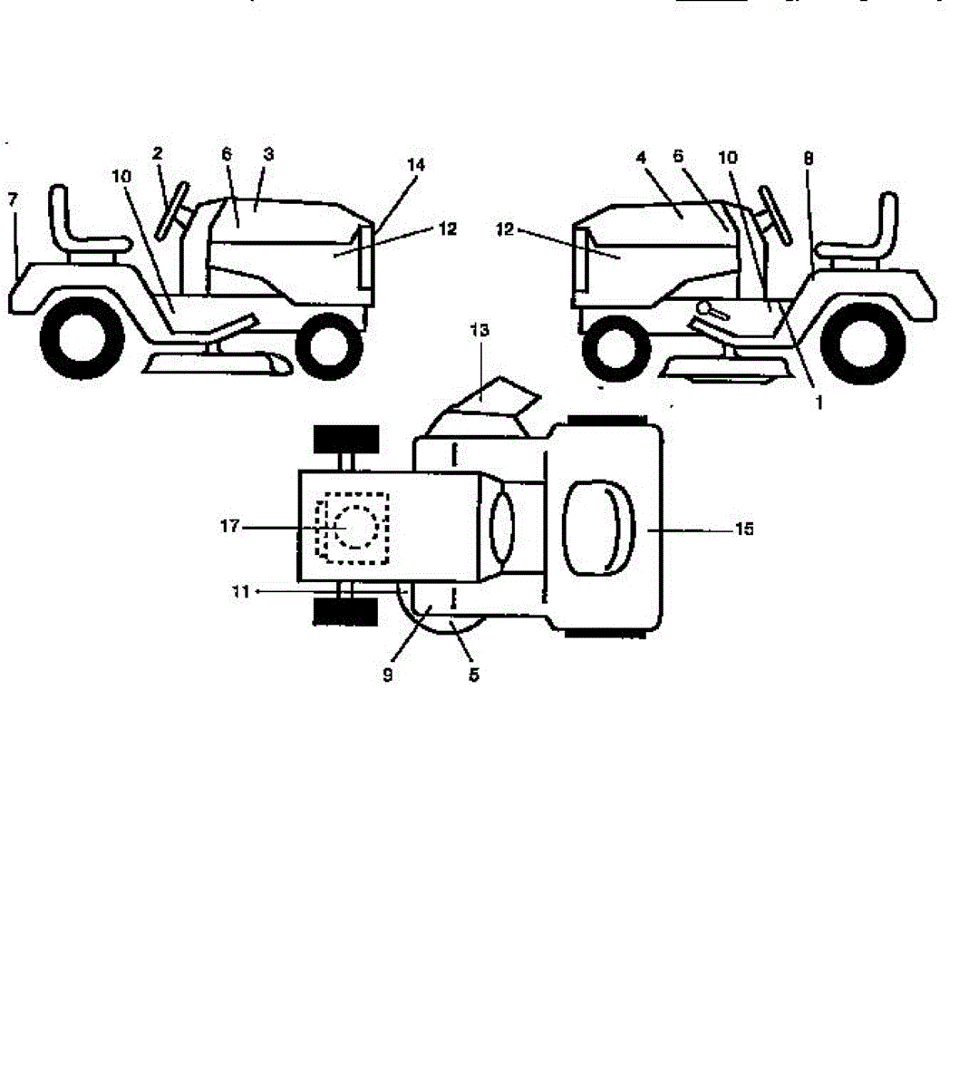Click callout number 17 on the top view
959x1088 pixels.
click(x=229, y=526)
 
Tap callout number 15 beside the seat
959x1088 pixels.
click(x=743, y=529)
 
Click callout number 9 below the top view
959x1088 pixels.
click(x=388, y=675)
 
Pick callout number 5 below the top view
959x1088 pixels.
click(x=474, y=675)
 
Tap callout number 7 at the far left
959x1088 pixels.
click(x=12, y=199)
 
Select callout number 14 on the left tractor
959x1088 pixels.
click(x=415, y=165)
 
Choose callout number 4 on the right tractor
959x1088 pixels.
click(x=641, y=157)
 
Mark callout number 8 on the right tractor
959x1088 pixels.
click(x=809, y=158)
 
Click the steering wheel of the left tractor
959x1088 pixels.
click(x=171, y=209)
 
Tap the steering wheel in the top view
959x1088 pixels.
click(x=501, y=527)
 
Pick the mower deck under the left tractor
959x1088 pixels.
click(x=218, y=363)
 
